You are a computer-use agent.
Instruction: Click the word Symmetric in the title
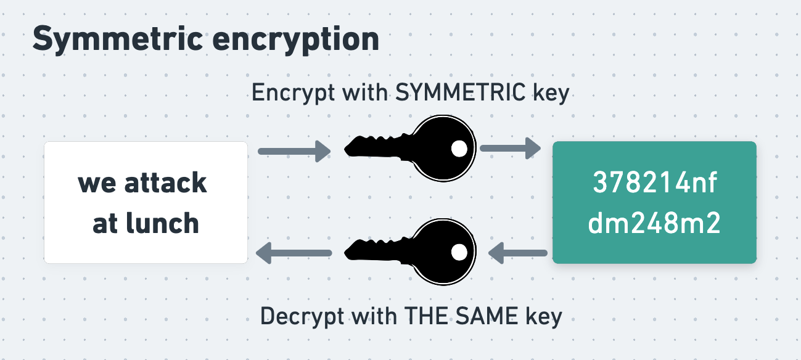[x=117, y=39]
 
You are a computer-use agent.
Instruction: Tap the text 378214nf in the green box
[x=654, y=183]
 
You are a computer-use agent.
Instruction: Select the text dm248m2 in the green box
[x=654, y=223]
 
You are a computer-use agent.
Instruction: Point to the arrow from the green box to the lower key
[x=518, y=252]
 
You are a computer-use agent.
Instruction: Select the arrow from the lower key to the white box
[x=294, y=252]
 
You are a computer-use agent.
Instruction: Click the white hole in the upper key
[x=459, y=148]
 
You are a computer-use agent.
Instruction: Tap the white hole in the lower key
[x=459, y=252]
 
